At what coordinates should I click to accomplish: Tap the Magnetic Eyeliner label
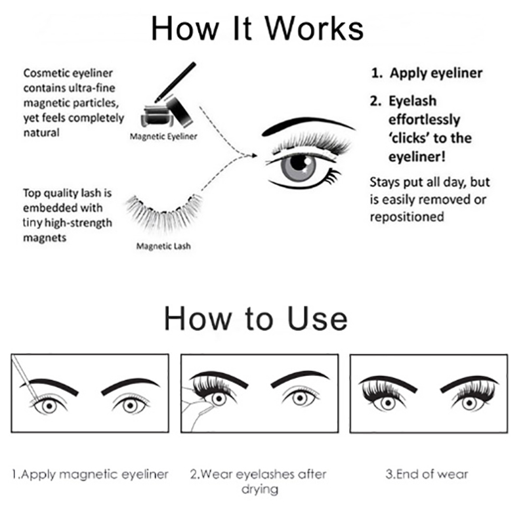(163, 136)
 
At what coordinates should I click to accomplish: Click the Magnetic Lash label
(163, 246)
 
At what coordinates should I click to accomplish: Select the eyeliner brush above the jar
(175, 82)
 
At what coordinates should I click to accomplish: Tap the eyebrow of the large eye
(307, 125)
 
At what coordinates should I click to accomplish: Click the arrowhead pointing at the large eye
(254, 156)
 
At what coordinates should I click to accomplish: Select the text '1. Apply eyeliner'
(427, 73)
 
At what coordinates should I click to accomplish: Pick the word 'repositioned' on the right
(407, 217)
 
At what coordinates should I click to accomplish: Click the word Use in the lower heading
(318, 318)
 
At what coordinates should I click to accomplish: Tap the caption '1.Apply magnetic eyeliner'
(90, 474)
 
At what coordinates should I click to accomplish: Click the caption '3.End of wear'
(427, 474)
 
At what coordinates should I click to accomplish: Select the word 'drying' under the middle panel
(259, 490)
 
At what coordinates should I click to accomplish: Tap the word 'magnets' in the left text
(45, 238)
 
